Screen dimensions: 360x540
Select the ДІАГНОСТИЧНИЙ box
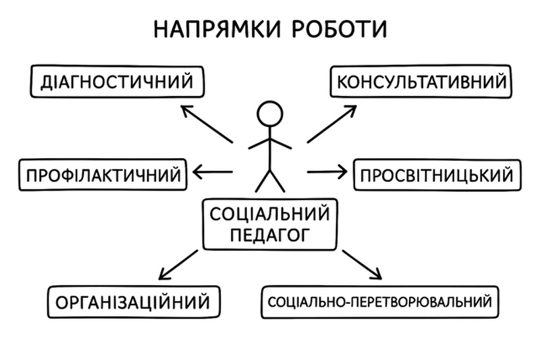(x=116, y=82)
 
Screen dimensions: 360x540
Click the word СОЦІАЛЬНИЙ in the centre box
(x=270, y=215)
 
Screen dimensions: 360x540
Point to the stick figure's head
(x=270, y=113)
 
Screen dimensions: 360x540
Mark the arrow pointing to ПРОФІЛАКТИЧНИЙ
(x=213, y=172)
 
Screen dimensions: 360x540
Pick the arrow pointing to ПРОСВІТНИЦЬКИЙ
(x=327, y=172)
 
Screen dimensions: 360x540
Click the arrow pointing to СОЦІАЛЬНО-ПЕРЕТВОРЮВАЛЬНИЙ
(x=362, y=264)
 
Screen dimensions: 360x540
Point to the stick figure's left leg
(x=263, y=181)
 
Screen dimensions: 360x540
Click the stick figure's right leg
(x=278, y=181)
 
